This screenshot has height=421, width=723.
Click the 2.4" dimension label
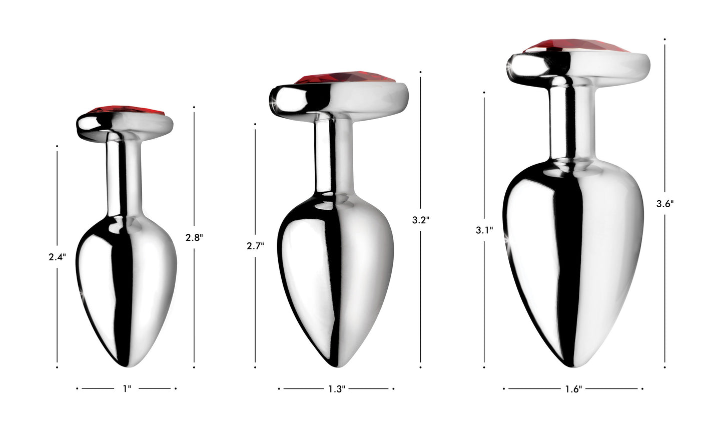(57, 257)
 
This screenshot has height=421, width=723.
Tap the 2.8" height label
(194, 238)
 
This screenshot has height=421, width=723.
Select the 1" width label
(127, 388)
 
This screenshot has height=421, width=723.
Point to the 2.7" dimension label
(255, 246)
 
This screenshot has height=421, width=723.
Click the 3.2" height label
(421, 219)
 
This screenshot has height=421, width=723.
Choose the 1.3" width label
(337, 389)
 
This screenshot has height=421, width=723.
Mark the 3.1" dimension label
(485, 230)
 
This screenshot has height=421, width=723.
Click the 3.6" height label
(665, 204)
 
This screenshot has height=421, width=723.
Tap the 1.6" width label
(573, 389)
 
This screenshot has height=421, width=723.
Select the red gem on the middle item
(346, 79)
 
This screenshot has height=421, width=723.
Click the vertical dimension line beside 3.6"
(665, 125)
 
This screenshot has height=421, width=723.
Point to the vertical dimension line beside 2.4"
(57, 200)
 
